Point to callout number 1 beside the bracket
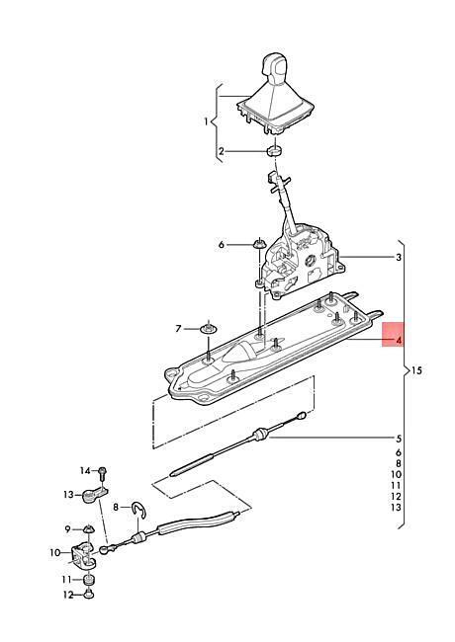pos(207,121)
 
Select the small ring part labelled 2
pos(275,151)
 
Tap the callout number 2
pos(222,152)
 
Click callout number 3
pos(399,258)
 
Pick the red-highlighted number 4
pos(398,340)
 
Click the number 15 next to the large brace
pos(416,371)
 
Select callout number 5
pos(399,440)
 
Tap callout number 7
pos(178,328)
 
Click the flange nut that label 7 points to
pos(209,328)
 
